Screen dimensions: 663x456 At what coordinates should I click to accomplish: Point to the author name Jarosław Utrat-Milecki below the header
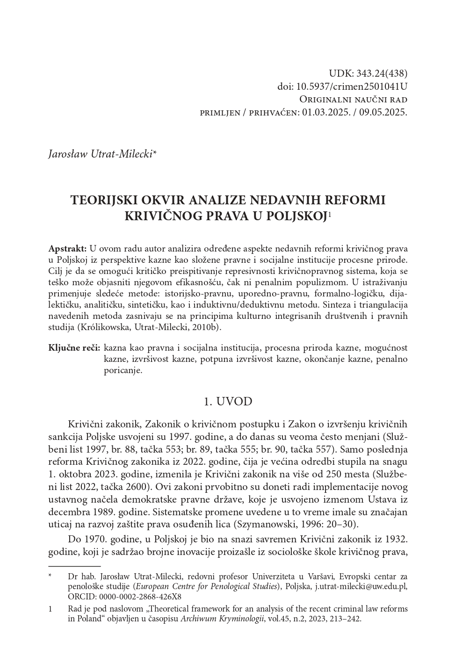101,154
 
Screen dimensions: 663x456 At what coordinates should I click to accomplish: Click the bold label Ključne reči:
74,348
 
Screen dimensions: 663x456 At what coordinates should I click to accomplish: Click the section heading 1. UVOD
228,402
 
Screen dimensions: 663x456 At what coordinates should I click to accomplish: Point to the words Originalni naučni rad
353,100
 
